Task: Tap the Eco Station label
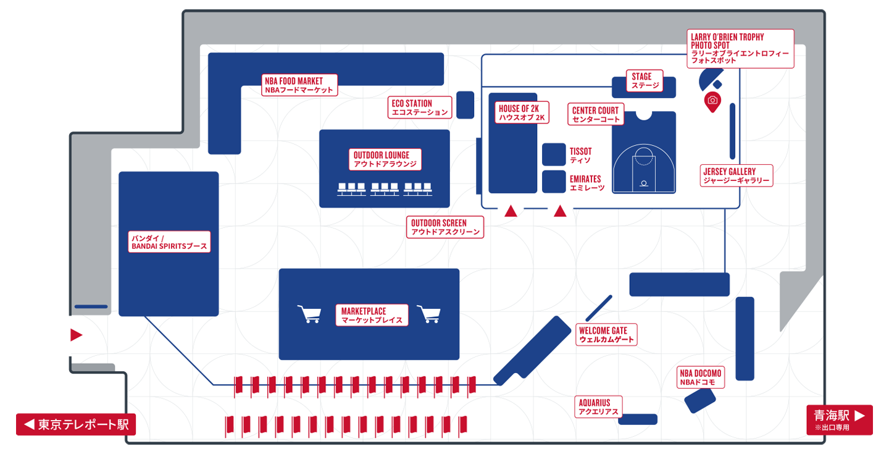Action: pos(420,107)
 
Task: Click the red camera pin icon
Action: pos(712,101)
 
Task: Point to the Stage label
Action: pos(645,81)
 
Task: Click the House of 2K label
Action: pos(522,112)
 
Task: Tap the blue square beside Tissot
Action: pos(554,154)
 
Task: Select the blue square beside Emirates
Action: pos(554,182)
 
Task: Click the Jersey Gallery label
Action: pos(737,175)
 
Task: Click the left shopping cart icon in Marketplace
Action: pos(309,314)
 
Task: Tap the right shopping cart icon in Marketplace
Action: pos(429,314)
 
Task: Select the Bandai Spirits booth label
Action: pos(169,242)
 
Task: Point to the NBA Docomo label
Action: pos(700,377)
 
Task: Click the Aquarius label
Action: pos(599,407)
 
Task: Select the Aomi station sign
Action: pos(838,418)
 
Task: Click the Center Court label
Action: pos(595,114)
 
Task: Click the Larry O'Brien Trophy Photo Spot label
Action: pos(740,49)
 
